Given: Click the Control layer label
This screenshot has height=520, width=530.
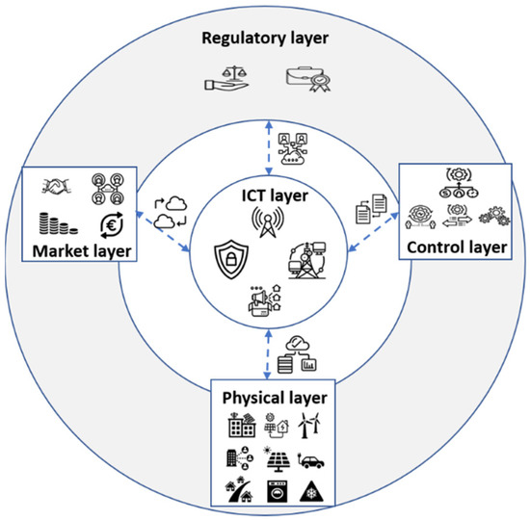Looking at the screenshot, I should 456,247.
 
